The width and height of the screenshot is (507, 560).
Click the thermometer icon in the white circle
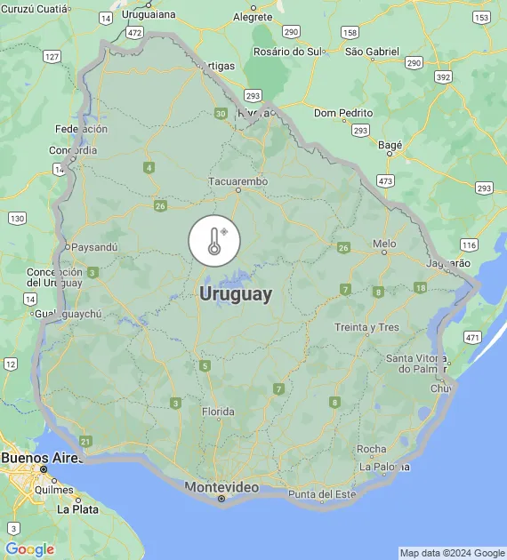(214, 241)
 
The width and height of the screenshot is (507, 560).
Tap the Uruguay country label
(236, 293)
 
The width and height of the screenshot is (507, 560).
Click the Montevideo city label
(221, 487)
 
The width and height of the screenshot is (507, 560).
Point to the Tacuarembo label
(237, 181)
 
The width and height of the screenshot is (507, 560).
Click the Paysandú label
(95, 247)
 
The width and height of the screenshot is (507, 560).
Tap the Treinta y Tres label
(366, 327)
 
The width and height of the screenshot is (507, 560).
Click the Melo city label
(384, 243)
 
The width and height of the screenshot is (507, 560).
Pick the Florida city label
(218, 412)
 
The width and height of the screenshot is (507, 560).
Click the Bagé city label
(390, 144)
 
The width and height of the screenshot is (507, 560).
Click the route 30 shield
(221, 113)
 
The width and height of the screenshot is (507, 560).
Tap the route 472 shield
(134, 32)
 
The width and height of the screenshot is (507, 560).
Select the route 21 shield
(85, 441)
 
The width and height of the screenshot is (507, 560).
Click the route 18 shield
(420, 287)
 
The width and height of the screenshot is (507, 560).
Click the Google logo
(29, 549)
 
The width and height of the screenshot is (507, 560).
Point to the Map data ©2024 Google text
(451, 553)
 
